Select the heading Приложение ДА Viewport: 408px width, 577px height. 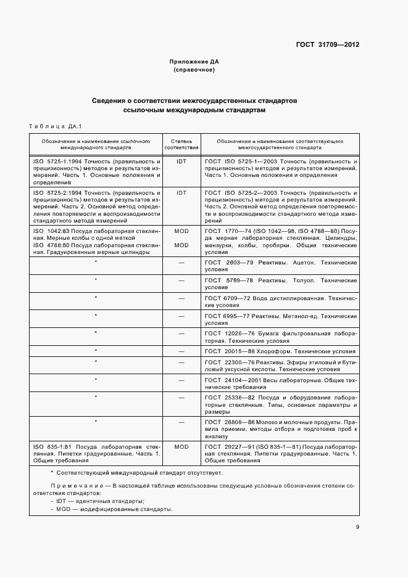coord(194,62)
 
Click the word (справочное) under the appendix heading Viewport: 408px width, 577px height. coord(194,70)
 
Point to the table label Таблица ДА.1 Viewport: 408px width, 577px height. coord(55,126)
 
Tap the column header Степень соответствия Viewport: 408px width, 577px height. coord(181,144)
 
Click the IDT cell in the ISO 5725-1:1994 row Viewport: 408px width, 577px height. coord(181,160)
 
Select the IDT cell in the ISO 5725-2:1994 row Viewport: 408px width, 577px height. coord(181,192)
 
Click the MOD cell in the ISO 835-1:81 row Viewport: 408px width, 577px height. coord(181,445)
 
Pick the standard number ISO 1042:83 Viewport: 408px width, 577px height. coord(52,231)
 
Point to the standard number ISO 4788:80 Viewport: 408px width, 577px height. coord(52,245)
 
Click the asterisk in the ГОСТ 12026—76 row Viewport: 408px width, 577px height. coord(96,333)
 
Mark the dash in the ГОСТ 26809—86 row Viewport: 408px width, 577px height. coord(181,422)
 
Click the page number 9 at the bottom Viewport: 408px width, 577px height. coord(357,526)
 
